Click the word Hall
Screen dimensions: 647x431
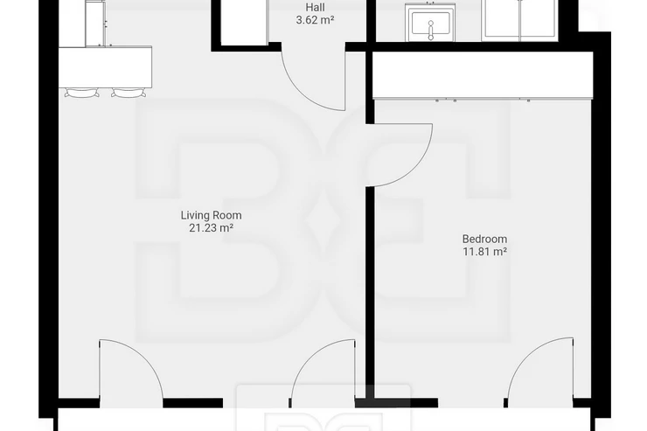click(315, 7)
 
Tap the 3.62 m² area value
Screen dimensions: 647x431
click(315, 20)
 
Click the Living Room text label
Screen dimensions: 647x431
click(212, 215)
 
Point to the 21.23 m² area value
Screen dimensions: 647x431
click(212, 227)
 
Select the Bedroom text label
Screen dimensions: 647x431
click(484, 239)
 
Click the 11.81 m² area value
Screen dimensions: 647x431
click(484, 251)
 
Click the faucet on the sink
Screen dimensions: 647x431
click(431, 31)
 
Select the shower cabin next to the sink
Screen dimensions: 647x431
click(520, 21)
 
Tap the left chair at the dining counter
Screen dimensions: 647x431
click(82, 93)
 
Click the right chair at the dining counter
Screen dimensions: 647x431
click(129, 93)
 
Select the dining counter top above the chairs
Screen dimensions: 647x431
click(105, 66)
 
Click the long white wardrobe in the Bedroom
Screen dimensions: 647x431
click(483, 75)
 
